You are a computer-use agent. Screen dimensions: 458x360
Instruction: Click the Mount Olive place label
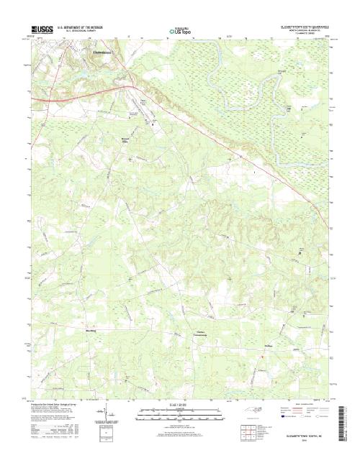click(x=145, y=142)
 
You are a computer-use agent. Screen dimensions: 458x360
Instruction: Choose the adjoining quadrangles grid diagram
click(x=248, y=431)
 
